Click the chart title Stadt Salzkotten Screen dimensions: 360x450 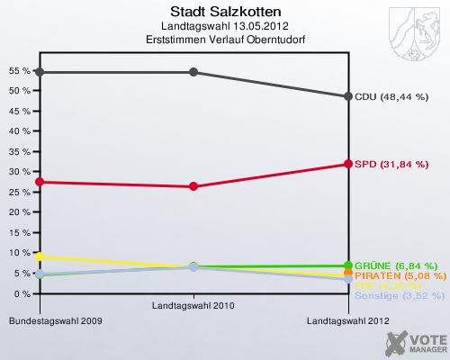coord(224,12)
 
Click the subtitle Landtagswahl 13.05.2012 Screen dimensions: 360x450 coord(224,25)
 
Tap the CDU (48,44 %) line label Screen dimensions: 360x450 coord(391,96)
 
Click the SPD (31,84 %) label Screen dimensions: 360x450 coord(391,164)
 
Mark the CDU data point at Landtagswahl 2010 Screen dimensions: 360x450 coord(193,72)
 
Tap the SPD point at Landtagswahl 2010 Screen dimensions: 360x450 coord(193,186)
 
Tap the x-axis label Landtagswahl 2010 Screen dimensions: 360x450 coord(193,307)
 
